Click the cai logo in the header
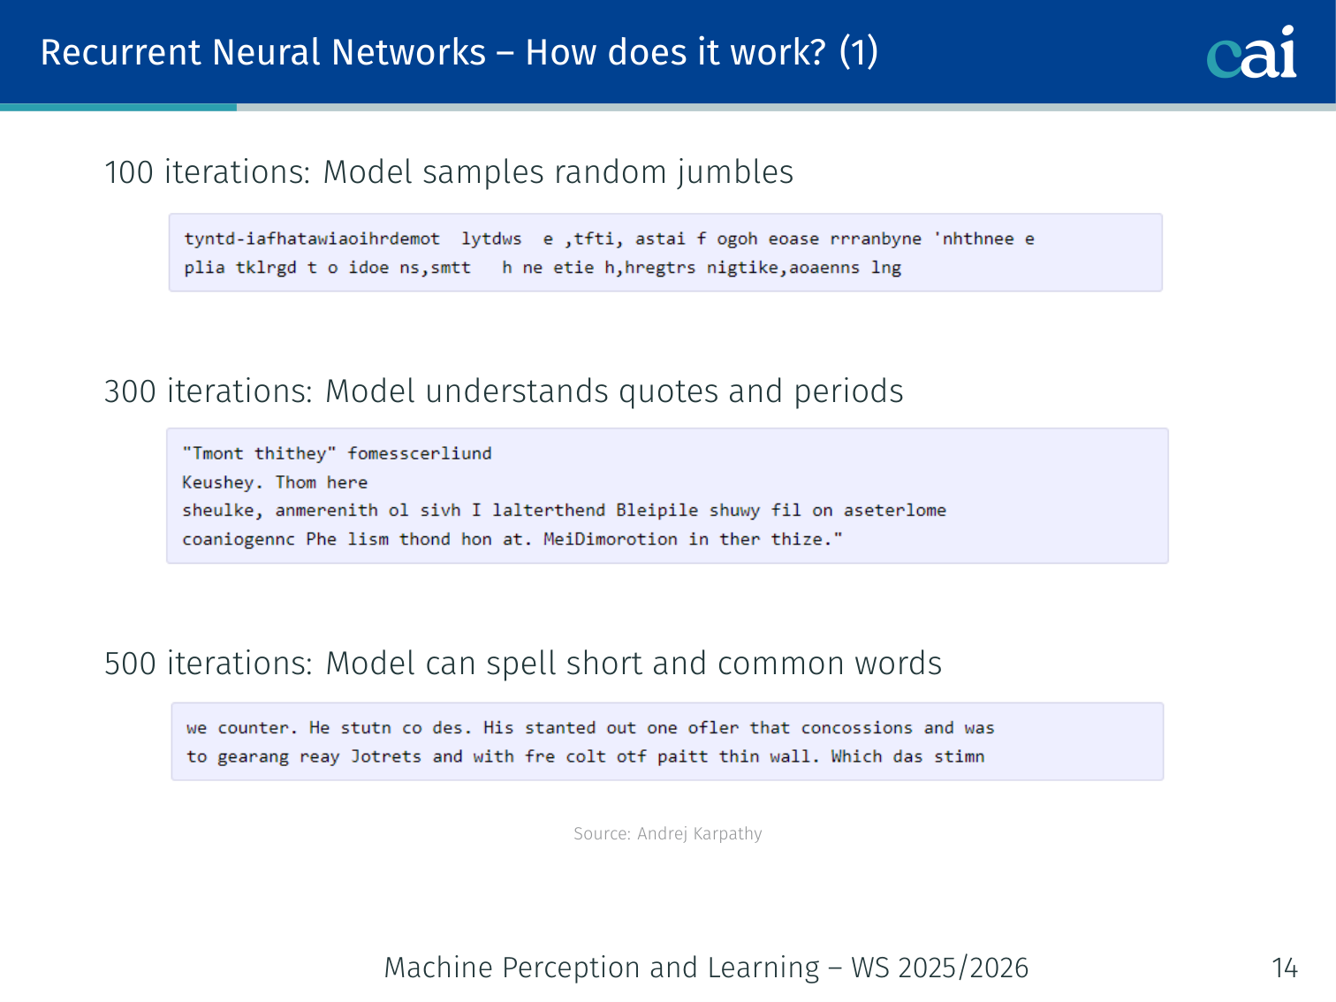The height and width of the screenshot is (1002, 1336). [x=1251, y=53]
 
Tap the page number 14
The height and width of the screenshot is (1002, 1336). [x=1285, y=968]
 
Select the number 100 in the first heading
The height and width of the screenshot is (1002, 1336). [x=129, y=172]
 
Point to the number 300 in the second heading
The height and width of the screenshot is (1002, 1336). [x=130, y=391]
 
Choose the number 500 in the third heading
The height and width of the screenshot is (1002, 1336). [x=130, y=664]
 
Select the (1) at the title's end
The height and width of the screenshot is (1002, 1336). [x=858, y=52]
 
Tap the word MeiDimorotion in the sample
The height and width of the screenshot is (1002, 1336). [x=611, y=539]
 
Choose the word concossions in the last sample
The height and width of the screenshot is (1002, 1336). [x=856, y=728]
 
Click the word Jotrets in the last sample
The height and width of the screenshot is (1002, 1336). [x=386, y=756]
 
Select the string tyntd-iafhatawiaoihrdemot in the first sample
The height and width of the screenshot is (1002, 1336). [x=312, y=239]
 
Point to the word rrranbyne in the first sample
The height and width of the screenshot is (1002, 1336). [x=876, y=239]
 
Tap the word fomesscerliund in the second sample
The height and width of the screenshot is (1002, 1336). [x=420, y=453]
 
